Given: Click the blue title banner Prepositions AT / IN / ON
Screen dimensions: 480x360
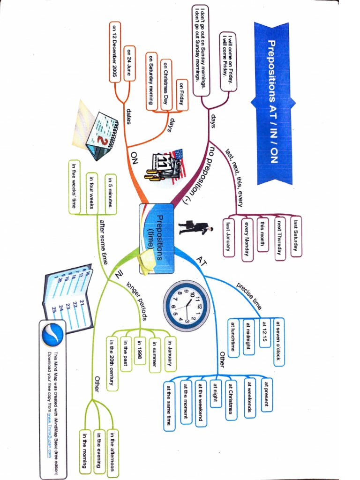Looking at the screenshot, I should point(272,101).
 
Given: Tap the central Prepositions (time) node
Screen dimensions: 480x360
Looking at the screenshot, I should point(156,238).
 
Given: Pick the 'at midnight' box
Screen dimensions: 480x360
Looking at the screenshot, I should point(249,337).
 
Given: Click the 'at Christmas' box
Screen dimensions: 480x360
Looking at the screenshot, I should point(231,398).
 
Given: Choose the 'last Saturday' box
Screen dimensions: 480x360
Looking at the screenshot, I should point(296,236).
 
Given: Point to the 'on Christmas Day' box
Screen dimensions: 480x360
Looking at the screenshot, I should point(166,84).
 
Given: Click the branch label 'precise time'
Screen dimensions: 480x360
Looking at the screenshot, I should point(249,295).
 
